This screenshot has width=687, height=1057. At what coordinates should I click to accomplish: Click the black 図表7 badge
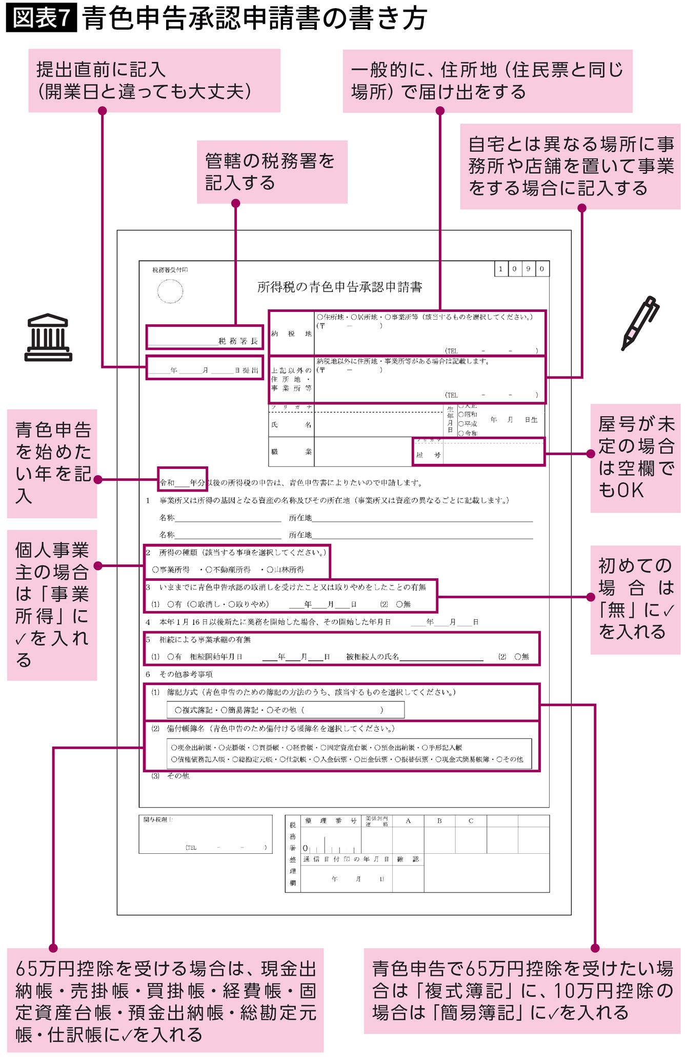42,18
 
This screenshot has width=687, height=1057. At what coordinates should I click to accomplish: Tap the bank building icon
48,337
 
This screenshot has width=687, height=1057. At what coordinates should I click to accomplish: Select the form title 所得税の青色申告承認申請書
339,287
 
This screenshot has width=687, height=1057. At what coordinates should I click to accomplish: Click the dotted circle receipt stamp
170,291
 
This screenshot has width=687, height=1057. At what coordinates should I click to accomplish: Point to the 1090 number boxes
521,269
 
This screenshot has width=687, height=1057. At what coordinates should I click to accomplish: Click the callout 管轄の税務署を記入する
272,172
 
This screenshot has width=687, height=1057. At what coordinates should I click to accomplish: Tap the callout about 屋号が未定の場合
635,458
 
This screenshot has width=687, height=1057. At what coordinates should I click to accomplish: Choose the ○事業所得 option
171,570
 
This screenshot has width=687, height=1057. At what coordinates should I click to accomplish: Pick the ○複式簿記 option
193,710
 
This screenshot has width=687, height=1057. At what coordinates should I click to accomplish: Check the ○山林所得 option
285,570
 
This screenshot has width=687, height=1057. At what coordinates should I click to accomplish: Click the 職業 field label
291,452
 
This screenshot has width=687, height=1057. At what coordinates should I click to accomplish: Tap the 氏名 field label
291,425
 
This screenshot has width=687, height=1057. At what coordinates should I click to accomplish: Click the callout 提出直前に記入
154,80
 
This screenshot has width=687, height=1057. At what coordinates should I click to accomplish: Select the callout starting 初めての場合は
635,599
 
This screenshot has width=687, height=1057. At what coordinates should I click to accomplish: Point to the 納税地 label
291,334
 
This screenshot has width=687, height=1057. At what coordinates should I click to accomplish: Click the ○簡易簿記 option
239,710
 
